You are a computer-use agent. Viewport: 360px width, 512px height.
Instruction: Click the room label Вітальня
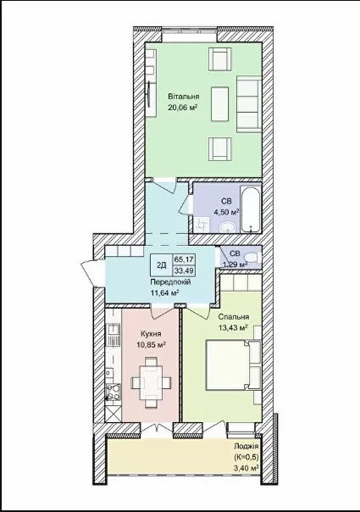coord(184,97)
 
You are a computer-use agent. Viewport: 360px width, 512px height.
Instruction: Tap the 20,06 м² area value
coord(183,108)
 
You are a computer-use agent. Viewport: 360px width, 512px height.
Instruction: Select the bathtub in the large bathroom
coord(251,209)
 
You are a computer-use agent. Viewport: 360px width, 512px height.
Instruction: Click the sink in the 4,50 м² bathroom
coord(227,226)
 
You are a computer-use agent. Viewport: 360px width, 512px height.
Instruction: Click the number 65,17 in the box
coord(184,259)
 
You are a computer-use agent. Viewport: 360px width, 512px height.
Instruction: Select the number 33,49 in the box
coord(184,270)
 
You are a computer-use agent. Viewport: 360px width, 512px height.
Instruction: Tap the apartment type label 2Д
coord(161,265)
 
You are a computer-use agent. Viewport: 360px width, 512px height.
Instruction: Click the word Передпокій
coord(170,281)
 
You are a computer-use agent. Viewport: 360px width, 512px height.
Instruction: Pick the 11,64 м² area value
coord(164,292)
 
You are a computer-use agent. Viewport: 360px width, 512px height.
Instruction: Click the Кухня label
coord(151,334)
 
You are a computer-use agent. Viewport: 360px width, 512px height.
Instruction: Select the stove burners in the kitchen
coord(114,392)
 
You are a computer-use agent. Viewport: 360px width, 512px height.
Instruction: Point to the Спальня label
coord(233,317)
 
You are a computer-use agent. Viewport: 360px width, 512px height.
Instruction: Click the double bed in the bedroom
coord(233,365)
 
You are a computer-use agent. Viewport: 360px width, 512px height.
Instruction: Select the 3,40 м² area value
coord(246,468)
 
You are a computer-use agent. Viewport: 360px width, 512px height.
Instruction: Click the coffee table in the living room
coord(219,103)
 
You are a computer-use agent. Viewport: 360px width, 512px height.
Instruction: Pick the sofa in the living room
coord(249,104)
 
